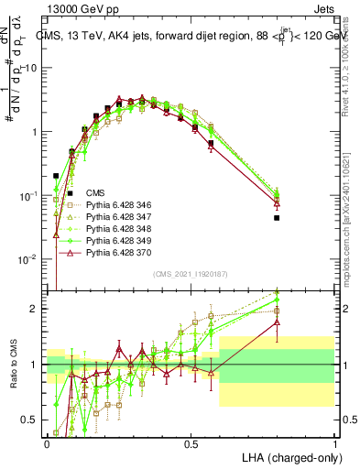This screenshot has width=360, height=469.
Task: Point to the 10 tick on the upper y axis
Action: (x=35, y=69)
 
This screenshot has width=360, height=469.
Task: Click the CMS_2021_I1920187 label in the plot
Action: (x=190, y=273)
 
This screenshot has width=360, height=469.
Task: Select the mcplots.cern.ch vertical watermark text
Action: (x=352, y=229)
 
